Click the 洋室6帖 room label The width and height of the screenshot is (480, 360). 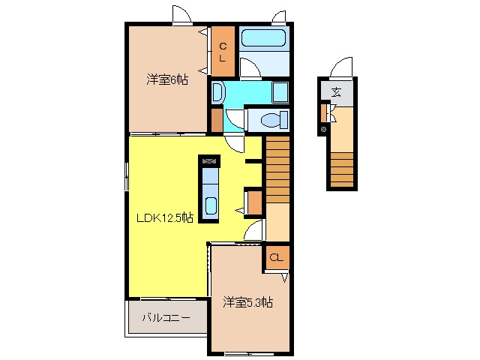(167, 79)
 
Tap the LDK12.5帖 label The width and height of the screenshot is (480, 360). (165, 217)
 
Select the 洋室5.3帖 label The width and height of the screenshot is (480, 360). (247, 302)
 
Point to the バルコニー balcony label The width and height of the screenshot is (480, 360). (166, 317)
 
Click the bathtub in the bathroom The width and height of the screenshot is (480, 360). (263, 38)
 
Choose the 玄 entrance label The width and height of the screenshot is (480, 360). (337, 91)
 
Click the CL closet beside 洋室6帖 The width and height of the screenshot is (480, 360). (223, 52)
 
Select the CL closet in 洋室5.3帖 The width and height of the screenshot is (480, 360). (277, 258)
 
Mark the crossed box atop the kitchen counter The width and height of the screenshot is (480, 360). (209, 160)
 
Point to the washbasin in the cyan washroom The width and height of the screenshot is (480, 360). (218, 91)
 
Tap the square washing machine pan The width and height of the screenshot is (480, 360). (280, 91)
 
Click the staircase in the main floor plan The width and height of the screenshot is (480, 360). (277, 169)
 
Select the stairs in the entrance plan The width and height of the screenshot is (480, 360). (342, 169)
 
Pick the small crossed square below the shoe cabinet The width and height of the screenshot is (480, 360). (323, 130)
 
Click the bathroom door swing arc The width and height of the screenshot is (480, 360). (250, 68)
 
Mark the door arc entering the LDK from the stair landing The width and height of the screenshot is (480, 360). (253, 230)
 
